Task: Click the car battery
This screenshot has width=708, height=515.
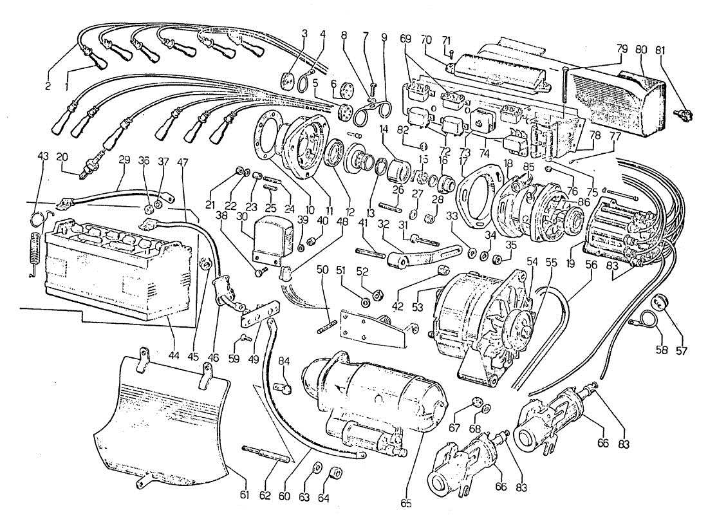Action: (x=116, y=264)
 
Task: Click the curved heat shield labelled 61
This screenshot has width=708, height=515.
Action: (x=167, y=418)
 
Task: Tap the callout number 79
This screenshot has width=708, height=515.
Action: (x=620, y=50)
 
